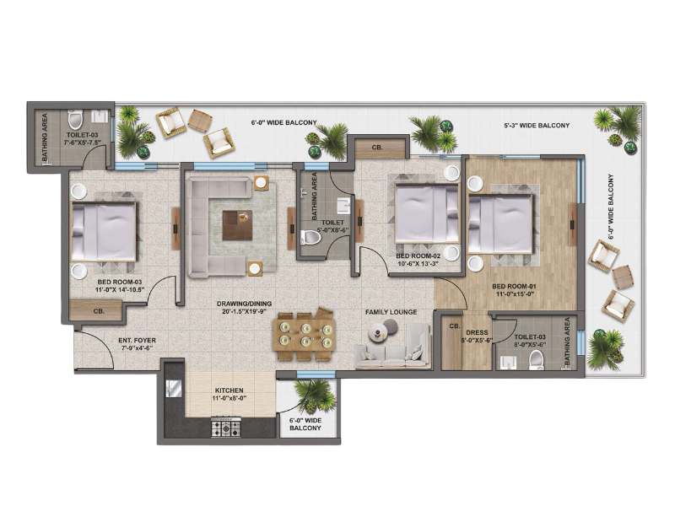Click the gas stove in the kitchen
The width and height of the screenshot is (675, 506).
tap(226, 428)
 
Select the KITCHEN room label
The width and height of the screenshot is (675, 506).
tap(229, 390)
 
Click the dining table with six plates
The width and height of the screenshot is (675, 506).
tap(305, 335)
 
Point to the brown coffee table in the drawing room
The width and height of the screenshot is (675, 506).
tap(237, 225)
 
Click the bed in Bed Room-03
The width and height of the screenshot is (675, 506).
tap(103, 231)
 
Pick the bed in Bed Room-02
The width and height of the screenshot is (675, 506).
tap(427, 215)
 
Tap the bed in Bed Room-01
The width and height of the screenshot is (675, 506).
tap(500, 223)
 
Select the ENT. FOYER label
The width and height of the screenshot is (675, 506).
tap(137, 341)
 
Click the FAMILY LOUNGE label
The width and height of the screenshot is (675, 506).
tap(391, 312)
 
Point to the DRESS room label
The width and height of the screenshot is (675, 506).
tap(477, 332)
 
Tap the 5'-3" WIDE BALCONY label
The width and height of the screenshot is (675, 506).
tap(537, 126)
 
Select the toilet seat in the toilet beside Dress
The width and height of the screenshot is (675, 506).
tap(537, 360)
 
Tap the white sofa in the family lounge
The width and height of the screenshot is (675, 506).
tap(393, 347)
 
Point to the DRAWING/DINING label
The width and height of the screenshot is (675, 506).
tap(238, 304)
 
